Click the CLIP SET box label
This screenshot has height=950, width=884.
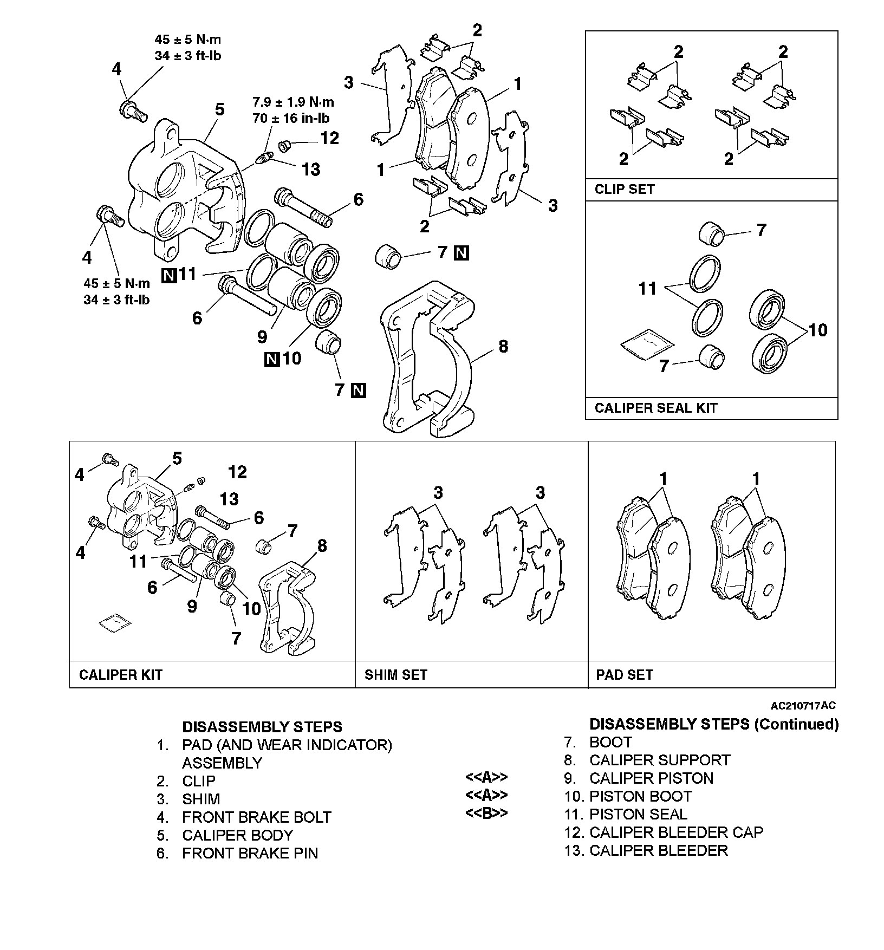(x=625, y=190)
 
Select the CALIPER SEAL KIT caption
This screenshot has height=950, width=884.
(x=655, y=408)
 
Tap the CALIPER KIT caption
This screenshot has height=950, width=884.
(x=120, y=674)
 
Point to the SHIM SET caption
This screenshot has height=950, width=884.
(x=395, y=674)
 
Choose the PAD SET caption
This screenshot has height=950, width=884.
(x=624, y=674)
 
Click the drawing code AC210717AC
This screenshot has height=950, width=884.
(x=803, y=705)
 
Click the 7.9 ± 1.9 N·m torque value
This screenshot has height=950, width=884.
(x=293, y=102)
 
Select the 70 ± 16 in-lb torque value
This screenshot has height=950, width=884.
(x=291, y=118)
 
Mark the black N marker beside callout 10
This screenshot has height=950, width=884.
(x=272, y=359)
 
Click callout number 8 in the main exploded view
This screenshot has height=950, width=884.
(x=503, y=346)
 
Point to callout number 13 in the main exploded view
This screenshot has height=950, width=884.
(x=311, y=170)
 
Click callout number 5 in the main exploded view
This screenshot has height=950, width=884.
(x=219, y=109)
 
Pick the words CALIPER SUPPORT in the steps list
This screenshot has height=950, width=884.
(x=659, y=760)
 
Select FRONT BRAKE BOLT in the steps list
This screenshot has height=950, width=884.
(x=256, y=817)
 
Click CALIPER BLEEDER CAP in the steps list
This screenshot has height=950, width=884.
(x=676, y=832)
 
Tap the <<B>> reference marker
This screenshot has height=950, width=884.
(x=486, y=814)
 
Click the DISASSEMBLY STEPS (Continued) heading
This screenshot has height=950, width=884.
(x=713, y=724)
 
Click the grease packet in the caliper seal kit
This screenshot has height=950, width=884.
(x=647, y=344)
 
